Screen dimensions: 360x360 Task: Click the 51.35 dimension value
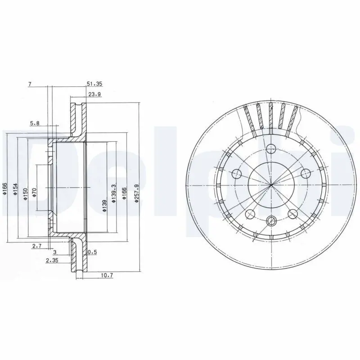[x=94, y=84]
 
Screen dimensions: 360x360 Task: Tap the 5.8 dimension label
[x=35, y=123]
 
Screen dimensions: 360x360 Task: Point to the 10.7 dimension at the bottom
[x=107, y=275]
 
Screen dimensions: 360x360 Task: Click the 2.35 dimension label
[x=52, y=261]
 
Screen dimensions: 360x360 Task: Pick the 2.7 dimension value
[x=37, y=246]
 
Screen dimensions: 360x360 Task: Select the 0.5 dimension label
[x=92, y=252]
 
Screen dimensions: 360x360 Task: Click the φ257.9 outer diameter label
[x=136, y=193]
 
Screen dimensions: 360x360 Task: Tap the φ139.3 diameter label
[x=113, y=193]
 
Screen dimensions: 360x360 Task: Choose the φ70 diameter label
[x=35, y=193]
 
